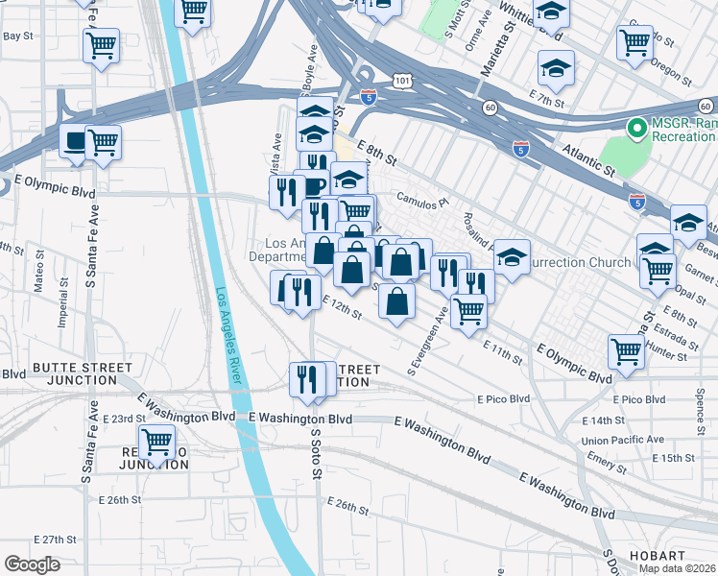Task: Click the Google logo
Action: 32,564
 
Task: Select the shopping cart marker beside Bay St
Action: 101,45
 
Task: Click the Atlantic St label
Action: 582,164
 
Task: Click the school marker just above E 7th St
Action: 556,68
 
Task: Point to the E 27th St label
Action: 54,540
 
